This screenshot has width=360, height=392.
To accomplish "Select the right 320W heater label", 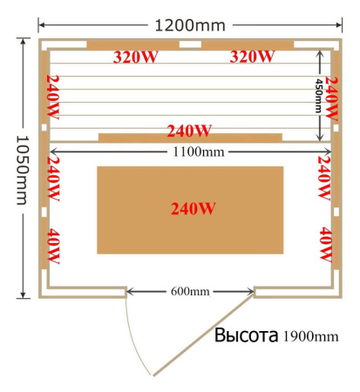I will click(252, 57).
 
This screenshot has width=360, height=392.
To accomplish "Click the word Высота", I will click(246, 335).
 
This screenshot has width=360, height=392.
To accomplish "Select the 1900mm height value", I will click(310, 336).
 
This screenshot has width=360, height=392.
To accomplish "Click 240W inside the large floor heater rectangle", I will click(193, 209).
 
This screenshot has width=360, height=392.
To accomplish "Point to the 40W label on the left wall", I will click(50, 246).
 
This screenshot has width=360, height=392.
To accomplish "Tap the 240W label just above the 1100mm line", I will click(190, 132).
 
